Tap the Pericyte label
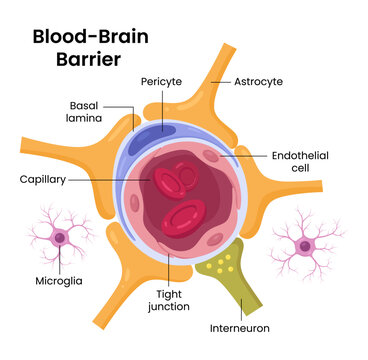[x=161, y=81]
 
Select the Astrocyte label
[x=259, y=81]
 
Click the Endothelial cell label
[x=299, y=162]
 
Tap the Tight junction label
[x=168, y=301]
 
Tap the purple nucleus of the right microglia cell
[x=303, y=243]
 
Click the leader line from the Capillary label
[x=110, y=180]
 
